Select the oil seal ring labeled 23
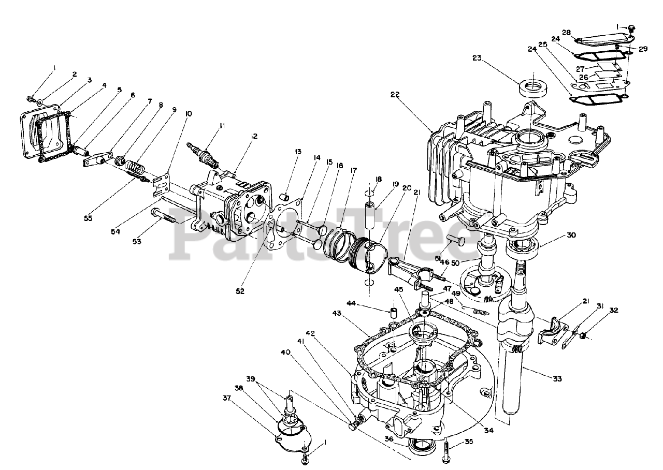(532, 87)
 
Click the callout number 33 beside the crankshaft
(557, 378)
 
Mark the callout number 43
(336, 314)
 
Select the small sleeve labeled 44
(393, 313)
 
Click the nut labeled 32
(583, 336)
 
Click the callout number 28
(566, 33)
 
